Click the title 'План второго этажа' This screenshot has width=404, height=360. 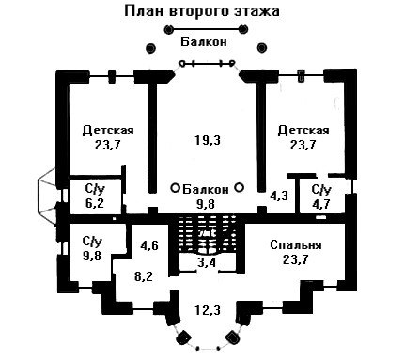202,11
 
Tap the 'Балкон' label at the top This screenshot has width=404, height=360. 204,41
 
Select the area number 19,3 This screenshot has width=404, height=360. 208,140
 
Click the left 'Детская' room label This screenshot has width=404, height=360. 108,130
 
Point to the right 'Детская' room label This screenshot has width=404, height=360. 303,130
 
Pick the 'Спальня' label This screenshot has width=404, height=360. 296,244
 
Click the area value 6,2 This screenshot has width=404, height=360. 95,203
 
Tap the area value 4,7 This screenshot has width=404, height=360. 321,204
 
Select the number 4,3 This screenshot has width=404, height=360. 279,196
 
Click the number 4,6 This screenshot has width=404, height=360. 149,245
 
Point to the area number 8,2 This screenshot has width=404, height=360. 143,276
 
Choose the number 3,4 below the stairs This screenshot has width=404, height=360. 207,262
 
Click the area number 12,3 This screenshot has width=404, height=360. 208,310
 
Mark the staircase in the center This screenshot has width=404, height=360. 207,233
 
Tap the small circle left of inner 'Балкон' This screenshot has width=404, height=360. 175,188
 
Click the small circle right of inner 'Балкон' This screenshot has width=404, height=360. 240,187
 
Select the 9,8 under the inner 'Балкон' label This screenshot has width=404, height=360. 206,204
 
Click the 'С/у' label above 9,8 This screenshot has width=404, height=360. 92,242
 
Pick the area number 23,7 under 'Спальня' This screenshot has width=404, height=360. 296,259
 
